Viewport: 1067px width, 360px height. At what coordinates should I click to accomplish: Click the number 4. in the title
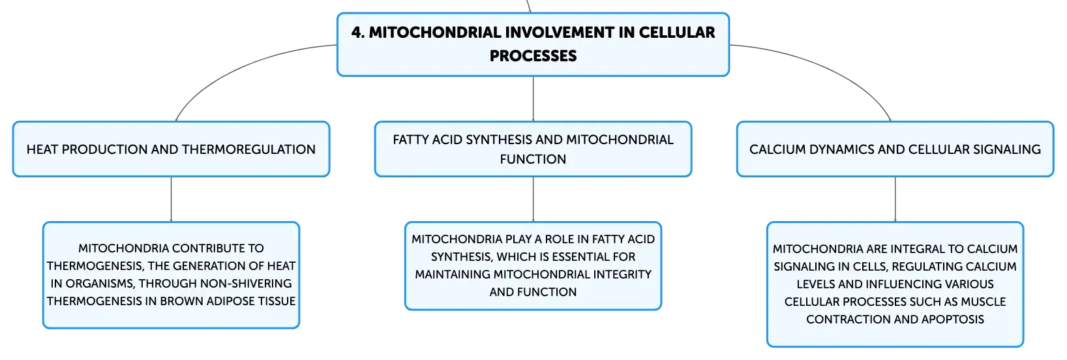click(x=357, y=33)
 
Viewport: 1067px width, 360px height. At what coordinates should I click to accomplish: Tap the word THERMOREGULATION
click(x=248, y=149)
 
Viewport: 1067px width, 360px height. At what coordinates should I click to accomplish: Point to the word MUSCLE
click(x=983, y=301)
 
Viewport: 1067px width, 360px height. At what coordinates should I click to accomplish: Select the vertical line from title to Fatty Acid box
click(x=533, y=98)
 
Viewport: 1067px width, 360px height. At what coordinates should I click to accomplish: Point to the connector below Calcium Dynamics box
click(x=895, y=199)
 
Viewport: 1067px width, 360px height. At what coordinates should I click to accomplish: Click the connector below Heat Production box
click(x=171, y=199)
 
